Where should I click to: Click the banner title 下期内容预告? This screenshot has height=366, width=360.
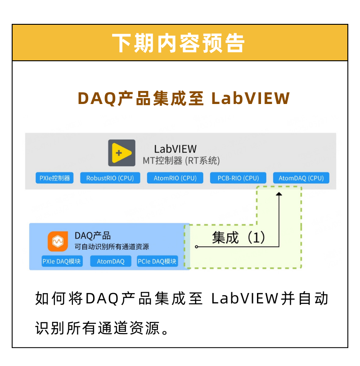coord(179,43)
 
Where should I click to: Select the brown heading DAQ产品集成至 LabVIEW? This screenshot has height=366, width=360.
coord(184,99)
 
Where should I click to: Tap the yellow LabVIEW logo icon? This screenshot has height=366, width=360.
coord(121,153)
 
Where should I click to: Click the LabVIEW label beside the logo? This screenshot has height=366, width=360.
coord(175,149)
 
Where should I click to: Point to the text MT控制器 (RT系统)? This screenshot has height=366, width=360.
coord(181,161)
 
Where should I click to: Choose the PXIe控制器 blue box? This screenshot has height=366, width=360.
coord(54,178)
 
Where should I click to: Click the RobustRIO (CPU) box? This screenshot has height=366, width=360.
coord(110,178)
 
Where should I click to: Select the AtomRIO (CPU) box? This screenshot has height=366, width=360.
coord(175,178)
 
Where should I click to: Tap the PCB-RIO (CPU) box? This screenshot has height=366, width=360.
coord(238,178)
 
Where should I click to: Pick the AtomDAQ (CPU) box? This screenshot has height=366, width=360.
coord(301,178)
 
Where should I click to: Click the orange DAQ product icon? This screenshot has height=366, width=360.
coord(58,241)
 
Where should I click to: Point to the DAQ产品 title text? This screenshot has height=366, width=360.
coord(93,236)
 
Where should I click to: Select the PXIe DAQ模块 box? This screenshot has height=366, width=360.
coord(62,261)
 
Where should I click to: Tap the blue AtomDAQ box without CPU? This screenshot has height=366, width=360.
coord(111,261)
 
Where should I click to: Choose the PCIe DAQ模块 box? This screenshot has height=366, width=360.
coord(157,261)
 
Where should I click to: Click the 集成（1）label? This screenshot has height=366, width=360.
coord(239,238)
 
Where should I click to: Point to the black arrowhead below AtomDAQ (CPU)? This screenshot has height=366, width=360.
coord(279,194)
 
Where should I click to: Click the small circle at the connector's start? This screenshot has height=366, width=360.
coord(197,247)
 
